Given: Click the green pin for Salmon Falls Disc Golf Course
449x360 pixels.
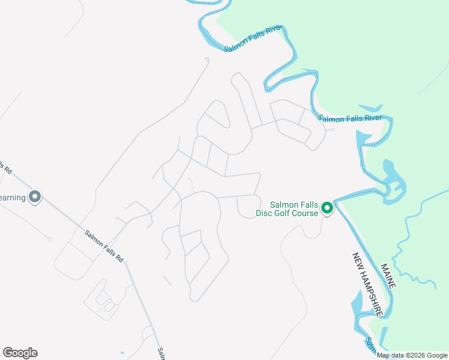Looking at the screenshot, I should click(x=327, y=208).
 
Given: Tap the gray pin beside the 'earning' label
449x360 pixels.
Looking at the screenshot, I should click(x=35, y=197).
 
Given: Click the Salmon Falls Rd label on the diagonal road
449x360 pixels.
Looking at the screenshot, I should click(x=104, y=247).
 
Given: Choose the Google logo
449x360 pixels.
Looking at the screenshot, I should click(x=20, y=353).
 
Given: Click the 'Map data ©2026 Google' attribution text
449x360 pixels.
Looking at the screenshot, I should click(x=411, y=355).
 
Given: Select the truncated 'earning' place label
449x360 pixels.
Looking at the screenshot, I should click(x=12, y=197).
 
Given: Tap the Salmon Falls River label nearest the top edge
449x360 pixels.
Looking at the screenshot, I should click(x=253, y=38).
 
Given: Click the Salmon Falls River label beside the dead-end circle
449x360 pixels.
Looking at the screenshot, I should click(x=350, y=118).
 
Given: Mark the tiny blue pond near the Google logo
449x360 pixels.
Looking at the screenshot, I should click(x=121, y=352).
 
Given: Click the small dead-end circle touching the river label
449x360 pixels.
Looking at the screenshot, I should click(x=332, y=129).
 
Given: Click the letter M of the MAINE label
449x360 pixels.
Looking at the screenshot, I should click(x=382, y=266).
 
